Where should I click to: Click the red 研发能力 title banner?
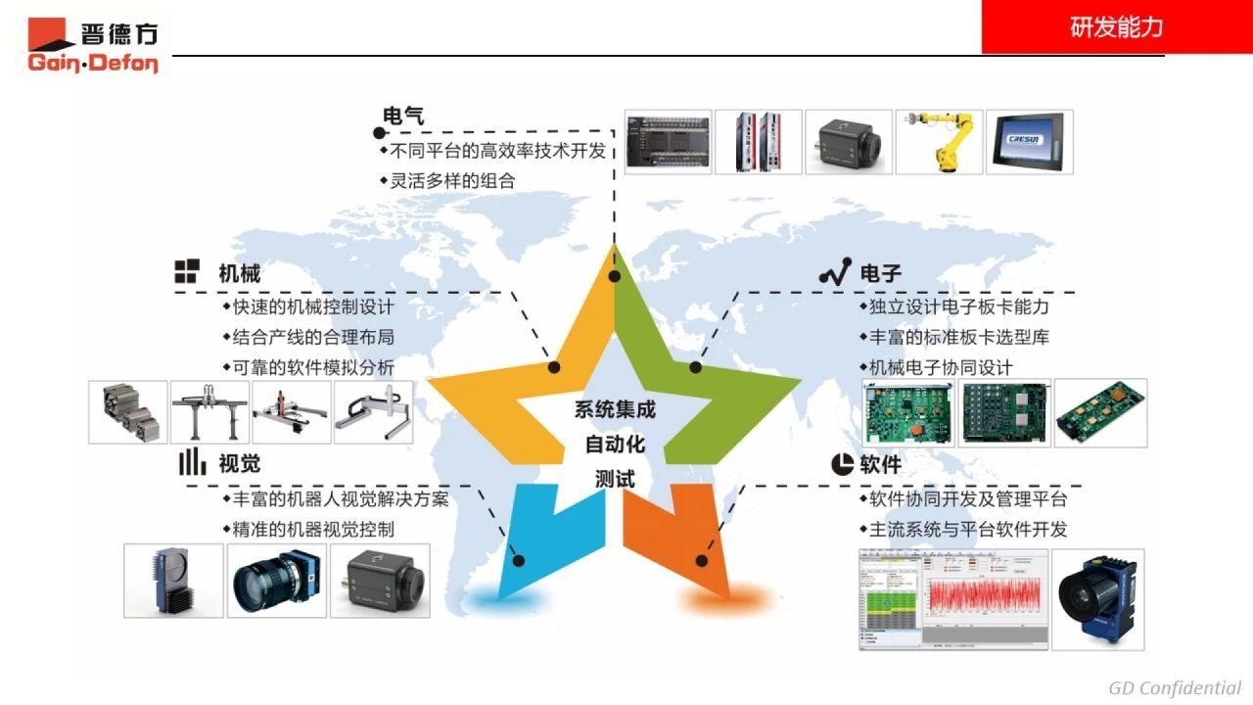[x=1117, y=27]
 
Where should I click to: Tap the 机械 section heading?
[x=239, y=273]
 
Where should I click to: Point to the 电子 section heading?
[x=880, y=274]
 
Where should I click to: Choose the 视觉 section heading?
[x=239, y=463]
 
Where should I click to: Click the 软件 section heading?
[x=880, y=464]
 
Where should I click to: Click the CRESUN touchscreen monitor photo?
[x=1029, y=142]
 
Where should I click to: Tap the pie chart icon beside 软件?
[x=842, y=464]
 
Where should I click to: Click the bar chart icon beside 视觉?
[x=192, y=462]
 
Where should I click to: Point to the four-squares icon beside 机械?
[x=187, y=272]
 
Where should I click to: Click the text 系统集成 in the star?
[x=615, y=410]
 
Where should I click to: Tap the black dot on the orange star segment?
[x=701, y=561]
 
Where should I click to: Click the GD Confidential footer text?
[x=1175, y=687]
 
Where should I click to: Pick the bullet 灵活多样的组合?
[x=452, y=180]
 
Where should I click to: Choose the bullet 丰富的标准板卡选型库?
[x=959, y=337]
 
